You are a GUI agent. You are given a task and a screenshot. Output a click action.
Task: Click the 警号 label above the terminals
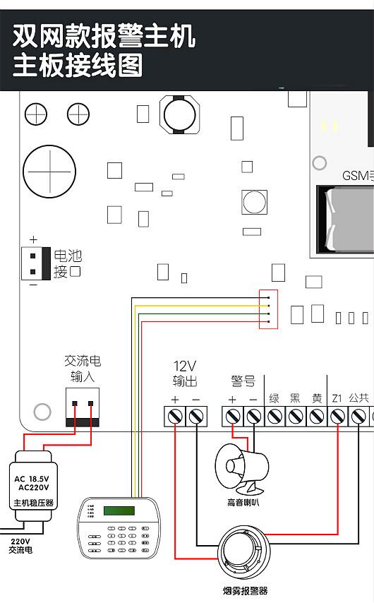pos(243,381)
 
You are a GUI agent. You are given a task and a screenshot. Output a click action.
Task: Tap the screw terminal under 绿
pos(275,417)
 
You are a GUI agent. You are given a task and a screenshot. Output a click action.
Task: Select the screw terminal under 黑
pos(296,417)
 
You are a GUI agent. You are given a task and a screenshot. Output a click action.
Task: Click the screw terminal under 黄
pos(317,417)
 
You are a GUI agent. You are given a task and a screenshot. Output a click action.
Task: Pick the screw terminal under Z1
pos(337,417)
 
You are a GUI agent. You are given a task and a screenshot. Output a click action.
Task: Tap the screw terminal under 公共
pos(358,417)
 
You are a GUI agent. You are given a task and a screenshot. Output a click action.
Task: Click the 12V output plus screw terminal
pos(175,417)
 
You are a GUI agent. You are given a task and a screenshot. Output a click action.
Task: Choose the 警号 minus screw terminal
pos(253,417)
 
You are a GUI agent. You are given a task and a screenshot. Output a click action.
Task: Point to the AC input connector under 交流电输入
pos(82,407)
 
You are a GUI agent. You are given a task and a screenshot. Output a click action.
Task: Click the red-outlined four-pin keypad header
pos(269,309)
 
